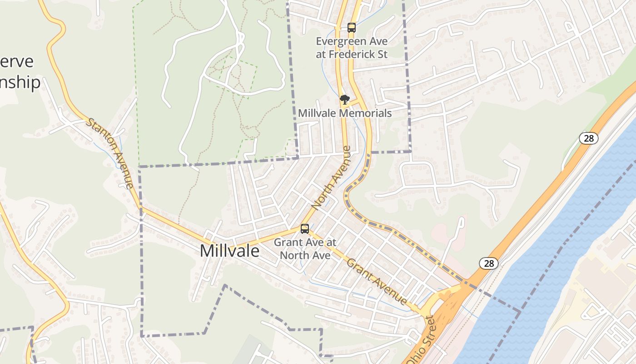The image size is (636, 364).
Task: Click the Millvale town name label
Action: tap(229, 251)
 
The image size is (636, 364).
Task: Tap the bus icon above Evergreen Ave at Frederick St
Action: tap(351, 27)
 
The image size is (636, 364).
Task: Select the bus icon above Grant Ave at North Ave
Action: tap(305, 229)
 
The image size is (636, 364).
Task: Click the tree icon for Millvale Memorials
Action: tap(345, 100)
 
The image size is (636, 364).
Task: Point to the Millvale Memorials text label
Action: tap(345, 113)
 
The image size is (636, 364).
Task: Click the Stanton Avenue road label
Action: tap(110, 153)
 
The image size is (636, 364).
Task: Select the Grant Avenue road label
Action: tap(377, 281)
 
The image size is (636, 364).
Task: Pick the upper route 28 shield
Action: tap(588, 138)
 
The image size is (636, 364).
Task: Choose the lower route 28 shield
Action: tap(489, 263)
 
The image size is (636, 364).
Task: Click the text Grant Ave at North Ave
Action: tap(305, 248)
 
